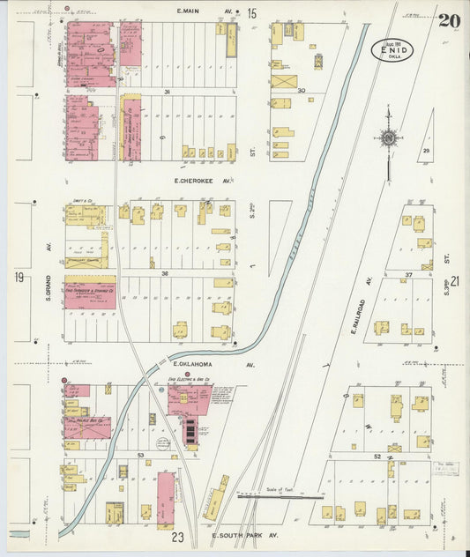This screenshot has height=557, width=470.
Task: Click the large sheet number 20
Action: [x=449, y=19]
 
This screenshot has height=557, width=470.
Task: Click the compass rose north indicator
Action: [x=388, y=137]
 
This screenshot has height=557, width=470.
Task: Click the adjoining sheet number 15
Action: [x=251, y=13]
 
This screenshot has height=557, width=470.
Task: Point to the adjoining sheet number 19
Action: [x=18, y=278]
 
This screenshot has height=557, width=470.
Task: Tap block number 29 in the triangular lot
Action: [x=426, y=152]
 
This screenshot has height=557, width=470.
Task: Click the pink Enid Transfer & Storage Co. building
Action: [x=89, y=293]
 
